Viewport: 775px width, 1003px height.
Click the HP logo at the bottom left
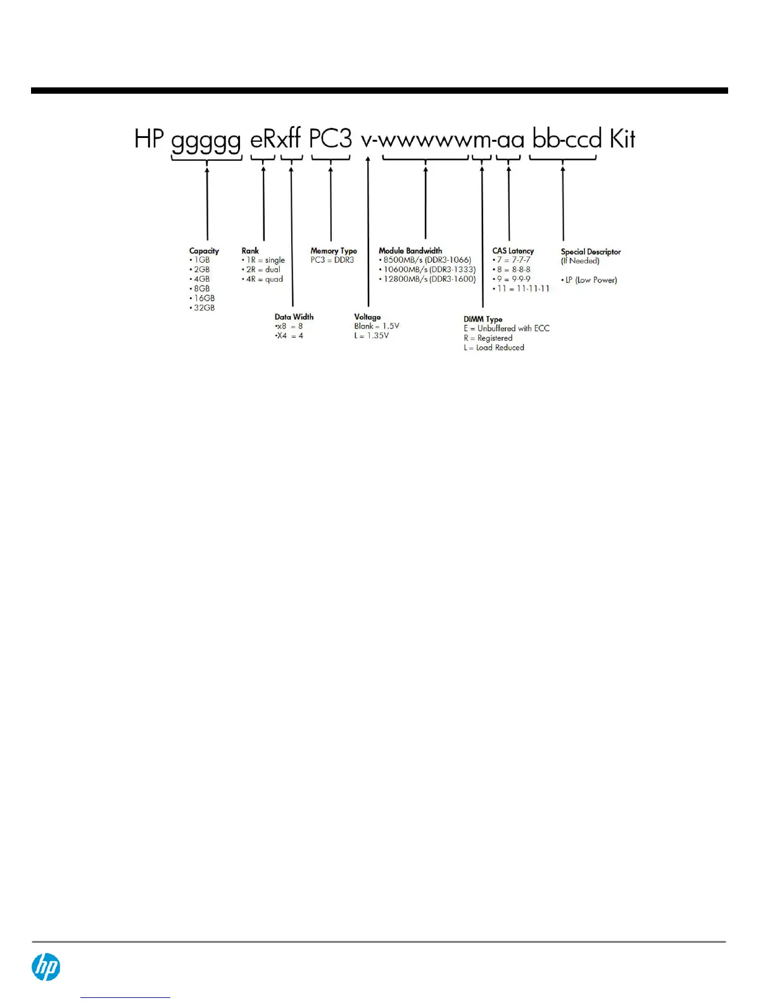click(46, 968)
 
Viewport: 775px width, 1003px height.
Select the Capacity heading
click(204, 251)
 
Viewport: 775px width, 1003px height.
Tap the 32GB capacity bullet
click(203, 308)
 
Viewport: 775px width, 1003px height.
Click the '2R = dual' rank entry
click(262, 270)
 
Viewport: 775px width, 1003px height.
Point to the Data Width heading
click(294, 317)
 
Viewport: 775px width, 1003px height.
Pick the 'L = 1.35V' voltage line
click(372, 336)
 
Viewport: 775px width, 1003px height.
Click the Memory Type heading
click(334, 251)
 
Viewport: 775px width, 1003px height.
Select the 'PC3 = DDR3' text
click(332, 260)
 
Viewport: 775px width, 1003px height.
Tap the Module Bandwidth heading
click(410, 251)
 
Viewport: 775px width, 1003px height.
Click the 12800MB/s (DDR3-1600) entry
click(428, 279)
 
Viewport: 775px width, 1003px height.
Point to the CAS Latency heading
click(513, 251)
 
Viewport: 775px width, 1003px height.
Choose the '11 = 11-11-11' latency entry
click(522, 289)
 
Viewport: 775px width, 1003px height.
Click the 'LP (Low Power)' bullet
click(589, 280)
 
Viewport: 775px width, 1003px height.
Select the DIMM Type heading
click(483, 319)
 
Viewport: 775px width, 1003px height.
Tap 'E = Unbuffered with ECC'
click(507, 329)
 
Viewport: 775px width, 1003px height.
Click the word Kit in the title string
click(622, 139)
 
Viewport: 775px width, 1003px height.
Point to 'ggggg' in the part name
click(206, 141)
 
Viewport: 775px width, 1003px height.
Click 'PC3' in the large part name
click(330, 139)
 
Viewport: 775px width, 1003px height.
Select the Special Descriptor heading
click(591, 251)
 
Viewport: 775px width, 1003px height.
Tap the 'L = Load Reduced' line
click(494, 348)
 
